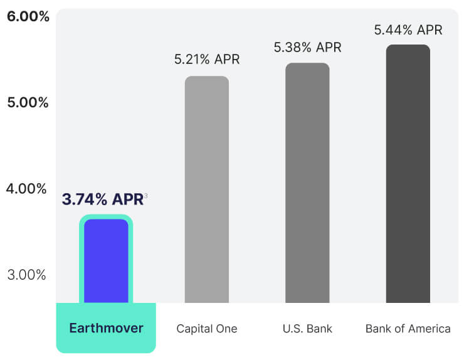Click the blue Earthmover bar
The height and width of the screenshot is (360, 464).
[106, 261]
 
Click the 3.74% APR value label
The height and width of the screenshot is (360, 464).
[103, 199]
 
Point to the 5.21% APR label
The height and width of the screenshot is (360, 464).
[207, 60]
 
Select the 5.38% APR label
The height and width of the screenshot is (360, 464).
[307, 47]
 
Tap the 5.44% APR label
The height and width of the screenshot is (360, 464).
[408, 29]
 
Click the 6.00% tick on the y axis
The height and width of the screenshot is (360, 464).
[28, 16]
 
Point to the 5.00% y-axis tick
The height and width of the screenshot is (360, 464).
[28, 102]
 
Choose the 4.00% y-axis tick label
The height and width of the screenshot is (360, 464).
[27, 188]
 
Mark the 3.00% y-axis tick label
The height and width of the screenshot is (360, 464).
[28, 275]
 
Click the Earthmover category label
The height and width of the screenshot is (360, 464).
[106, 328]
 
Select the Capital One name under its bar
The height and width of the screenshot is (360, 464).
[207, 329]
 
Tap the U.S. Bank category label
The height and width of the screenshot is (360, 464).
[307, 329]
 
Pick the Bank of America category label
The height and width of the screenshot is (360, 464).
[408, 329]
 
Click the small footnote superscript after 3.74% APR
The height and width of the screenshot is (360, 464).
[146, 196]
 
